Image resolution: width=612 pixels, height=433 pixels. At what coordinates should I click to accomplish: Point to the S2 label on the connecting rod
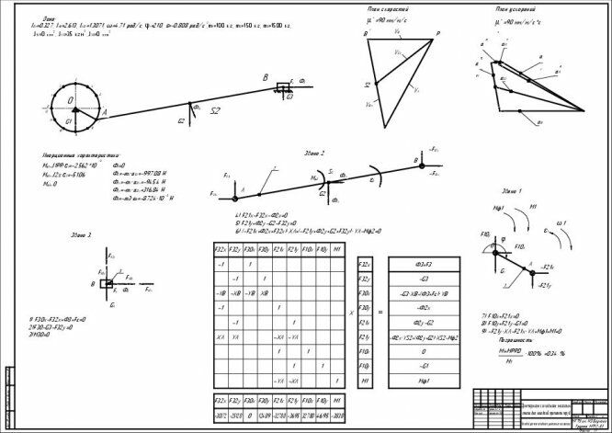tap(214, 110)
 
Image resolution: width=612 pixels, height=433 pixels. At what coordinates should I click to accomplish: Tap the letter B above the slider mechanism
tap(265, 77)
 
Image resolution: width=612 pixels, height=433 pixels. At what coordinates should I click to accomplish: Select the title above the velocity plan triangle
tap(400, 8)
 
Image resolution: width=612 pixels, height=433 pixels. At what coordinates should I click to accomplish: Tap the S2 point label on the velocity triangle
tap(367, 84)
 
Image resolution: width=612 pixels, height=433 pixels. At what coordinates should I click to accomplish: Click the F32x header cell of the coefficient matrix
tap(220, 249)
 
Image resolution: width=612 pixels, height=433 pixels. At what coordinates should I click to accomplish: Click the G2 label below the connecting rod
tap(182, 120)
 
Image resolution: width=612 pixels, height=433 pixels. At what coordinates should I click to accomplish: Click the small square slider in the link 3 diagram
tap(108, 284)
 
